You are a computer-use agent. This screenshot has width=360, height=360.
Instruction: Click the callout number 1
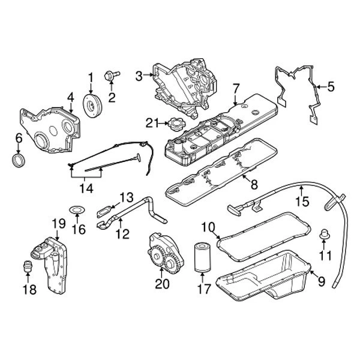(91, 77)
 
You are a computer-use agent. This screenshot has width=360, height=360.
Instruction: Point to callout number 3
(139, 76)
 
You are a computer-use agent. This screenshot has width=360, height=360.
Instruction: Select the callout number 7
(236, 88)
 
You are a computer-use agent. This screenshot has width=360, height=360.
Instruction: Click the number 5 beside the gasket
(329, 86)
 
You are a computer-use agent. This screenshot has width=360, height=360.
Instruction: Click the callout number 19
(57, 224)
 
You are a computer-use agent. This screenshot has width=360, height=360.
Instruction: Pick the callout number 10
(208, 227)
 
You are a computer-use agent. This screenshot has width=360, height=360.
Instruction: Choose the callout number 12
(122, 235)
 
